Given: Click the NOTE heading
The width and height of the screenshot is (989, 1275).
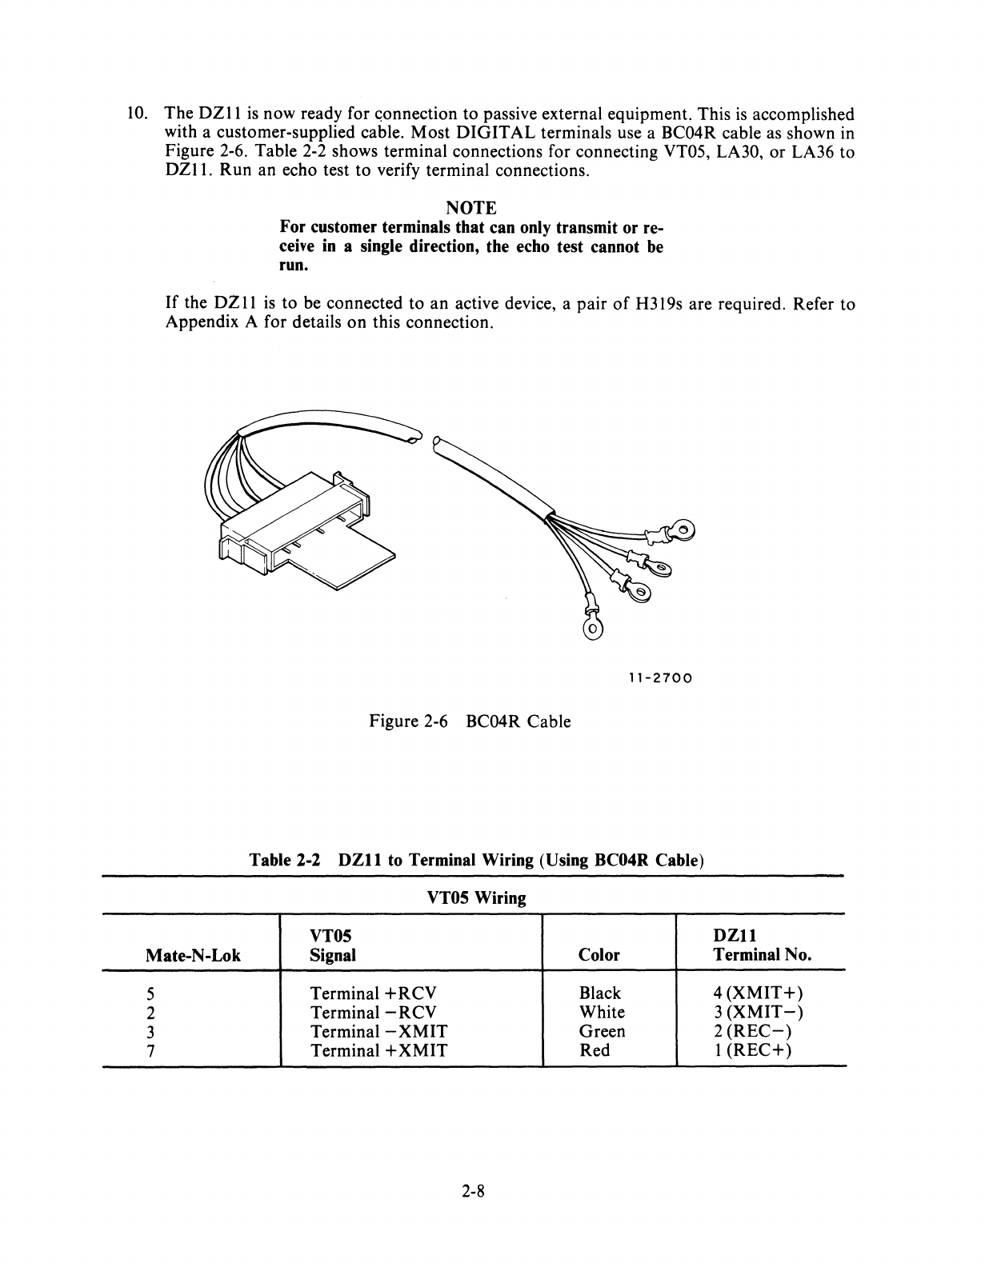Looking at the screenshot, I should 474,208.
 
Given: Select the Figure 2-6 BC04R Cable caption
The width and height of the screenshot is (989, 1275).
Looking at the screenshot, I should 470,721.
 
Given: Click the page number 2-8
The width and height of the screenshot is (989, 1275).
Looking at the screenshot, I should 474,1192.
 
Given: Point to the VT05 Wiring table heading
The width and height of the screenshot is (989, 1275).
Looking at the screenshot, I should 477,898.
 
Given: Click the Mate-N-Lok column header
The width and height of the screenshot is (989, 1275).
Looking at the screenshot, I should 193,955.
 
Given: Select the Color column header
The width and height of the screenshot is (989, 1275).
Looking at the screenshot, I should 599,955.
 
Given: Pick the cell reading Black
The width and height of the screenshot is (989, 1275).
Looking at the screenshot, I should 599,993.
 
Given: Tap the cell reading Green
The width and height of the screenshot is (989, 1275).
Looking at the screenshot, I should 602,1032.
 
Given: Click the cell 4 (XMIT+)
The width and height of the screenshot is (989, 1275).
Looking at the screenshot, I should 757,993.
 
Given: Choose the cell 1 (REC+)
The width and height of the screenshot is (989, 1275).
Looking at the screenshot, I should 752,1050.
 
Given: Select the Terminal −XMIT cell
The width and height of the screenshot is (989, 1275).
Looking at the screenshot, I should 378,1032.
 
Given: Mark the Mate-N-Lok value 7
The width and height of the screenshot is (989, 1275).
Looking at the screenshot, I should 150,1051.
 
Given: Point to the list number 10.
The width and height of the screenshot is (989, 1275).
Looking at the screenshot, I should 137,114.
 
